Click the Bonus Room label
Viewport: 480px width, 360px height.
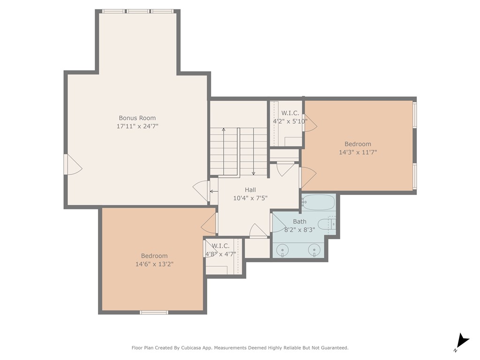(137, 118)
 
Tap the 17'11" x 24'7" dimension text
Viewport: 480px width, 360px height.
(137, 126)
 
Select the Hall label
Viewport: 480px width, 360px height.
(250, 190)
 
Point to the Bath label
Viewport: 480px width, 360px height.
(300, 221)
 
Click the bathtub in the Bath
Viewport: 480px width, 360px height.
(318, 202)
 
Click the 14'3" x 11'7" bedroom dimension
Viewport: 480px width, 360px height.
(358, 152)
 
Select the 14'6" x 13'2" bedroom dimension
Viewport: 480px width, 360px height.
(154, 264)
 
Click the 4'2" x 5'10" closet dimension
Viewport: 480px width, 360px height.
(290, 121)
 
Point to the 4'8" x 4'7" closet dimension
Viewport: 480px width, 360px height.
(220, 254)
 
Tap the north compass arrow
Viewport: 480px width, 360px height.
(463, 341)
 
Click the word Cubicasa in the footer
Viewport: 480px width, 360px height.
(191, 348)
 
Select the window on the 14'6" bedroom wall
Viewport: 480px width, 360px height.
(154, 312)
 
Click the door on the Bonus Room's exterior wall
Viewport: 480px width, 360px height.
(73, 165)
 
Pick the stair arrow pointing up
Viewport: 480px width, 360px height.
(224, 151)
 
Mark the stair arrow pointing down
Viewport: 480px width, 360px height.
(254, 151)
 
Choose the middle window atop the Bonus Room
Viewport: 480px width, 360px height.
(138, 11)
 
